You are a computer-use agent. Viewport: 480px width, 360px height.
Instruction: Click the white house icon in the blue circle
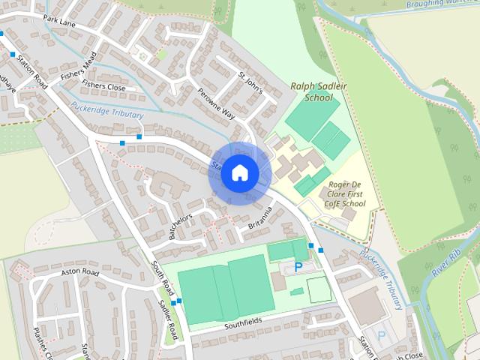239,172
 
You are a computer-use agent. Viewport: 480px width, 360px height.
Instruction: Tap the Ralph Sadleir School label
312,91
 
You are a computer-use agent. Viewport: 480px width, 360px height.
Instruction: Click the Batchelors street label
181,226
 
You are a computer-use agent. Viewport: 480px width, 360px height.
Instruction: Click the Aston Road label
80,272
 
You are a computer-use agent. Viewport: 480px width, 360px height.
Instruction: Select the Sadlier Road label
167,319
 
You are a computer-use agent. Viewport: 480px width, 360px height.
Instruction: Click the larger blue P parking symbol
299,266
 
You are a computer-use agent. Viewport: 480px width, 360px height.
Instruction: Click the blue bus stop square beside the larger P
321,250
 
